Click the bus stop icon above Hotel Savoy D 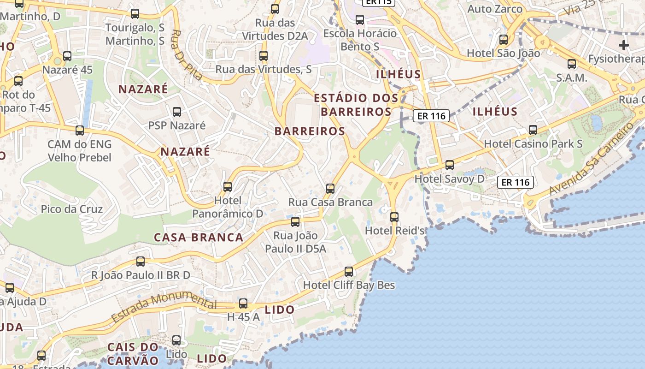(449, 165)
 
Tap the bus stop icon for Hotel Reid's (394, 217)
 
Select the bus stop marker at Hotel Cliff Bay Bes (349, 272)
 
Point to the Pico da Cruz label (72, 209)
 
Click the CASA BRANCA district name (199, 238)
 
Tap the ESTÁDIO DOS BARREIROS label (356, 105)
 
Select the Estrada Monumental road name (164, 306)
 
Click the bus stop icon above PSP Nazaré (176, 112)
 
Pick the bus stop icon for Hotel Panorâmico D (228, 187)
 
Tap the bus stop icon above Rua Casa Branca (330, 188)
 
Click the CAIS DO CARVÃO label (133, 353)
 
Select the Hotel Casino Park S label (533, 144)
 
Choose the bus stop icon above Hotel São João (504, 40)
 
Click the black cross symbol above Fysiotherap (624, 45)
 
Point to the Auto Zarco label (495, 9)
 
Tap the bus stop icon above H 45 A (243, 304)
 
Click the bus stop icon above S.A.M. (572, 64)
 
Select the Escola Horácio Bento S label (360, 40)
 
